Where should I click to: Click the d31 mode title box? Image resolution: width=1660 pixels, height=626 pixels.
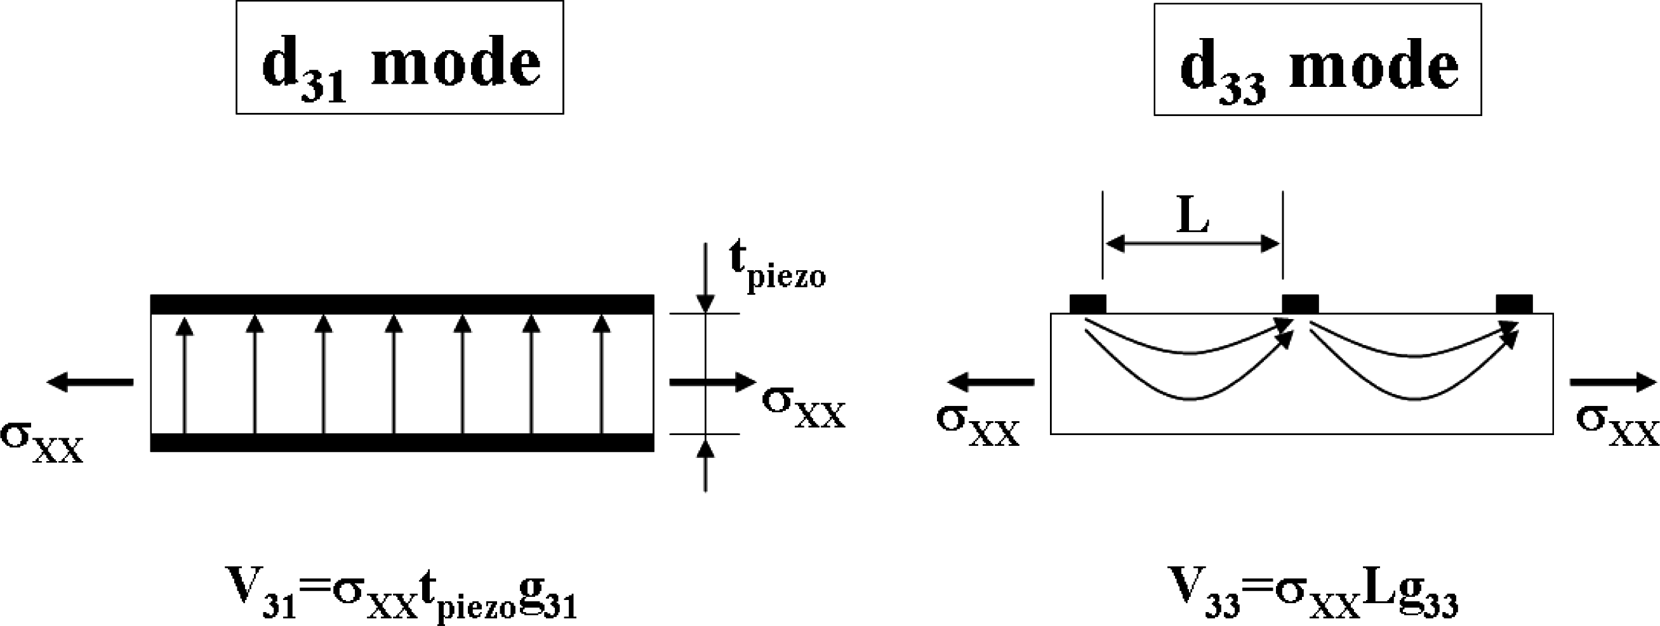pos(399,58)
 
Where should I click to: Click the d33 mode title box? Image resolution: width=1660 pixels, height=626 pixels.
pos(1317,60)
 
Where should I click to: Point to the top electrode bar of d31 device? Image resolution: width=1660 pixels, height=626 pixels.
pos(402,304)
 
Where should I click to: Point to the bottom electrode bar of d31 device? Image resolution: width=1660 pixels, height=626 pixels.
pos(402,443)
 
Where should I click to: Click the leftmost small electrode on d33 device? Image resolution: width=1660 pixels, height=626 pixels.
pos(1088,303)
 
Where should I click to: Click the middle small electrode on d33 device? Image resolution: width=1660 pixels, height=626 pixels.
pos(1301,303)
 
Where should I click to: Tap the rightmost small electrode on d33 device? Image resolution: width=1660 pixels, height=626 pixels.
pos(1514,303)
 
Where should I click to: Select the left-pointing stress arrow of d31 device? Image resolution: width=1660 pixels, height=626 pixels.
pos(90,382)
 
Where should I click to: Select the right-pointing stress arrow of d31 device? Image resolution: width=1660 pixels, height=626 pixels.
pos(712,382)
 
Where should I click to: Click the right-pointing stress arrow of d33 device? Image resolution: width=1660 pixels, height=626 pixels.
pos(1613,382)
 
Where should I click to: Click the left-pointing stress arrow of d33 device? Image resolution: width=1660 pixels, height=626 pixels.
pos(991,382)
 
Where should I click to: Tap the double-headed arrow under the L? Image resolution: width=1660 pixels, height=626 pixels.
pos(1193,244)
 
